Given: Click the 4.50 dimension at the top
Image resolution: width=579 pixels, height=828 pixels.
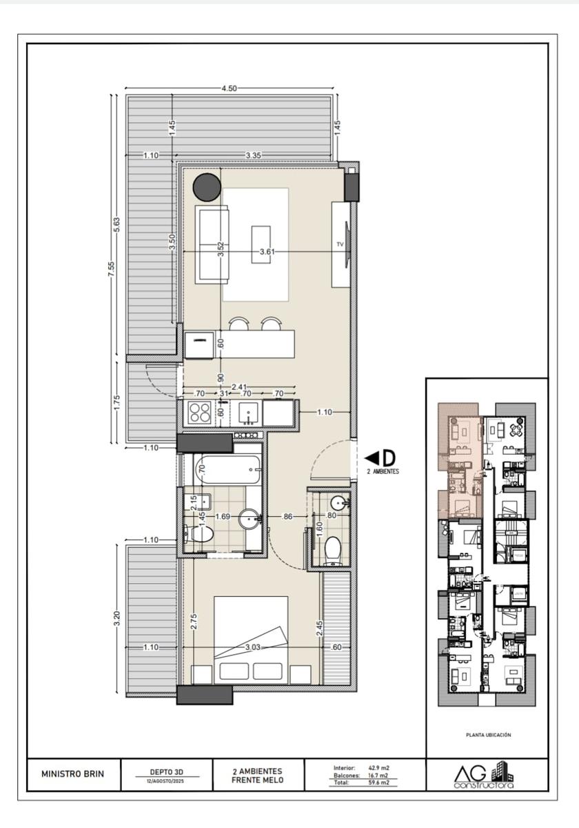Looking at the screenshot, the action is tap(229, 88).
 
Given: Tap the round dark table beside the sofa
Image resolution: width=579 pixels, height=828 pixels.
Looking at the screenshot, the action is tap(207, 187).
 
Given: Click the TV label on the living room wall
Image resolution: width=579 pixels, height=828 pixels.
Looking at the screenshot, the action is tap(340, 244).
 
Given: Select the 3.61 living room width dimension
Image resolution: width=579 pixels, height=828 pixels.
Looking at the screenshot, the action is tap(267, 252).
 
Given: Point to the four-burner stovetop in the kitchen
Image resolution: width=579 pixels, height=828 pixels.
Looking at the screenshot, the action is tap(199, 413).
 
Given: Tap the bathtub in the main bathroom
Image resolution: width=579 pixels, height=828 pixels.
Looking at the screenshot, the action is tap(228, 469).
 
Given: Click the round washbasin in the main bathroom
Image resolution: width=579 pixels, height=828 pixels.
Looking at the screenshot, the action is tap(250, 519).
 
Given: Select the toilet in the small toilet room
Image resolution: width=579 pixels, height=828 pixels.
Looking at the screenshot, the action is tap(333, 551).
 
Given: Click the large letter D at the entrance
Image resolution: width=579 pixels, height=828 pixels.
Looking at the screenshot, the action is tap(389, 458).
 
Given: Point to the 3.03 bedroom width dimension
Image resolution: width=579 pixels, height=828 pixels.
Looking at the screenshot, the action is tap(252, 647).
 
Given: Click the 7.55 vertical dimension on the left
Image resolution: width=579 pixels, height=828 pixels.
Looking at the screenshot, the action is tap(111, 271).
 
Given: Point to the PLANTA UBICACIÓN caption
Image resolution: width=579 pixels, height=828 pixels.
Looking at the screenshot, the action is tap(489, 735).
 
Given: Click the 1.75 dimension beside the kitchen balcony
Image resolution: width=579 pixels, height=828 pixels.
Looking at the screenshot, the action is tap(116, 402).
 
